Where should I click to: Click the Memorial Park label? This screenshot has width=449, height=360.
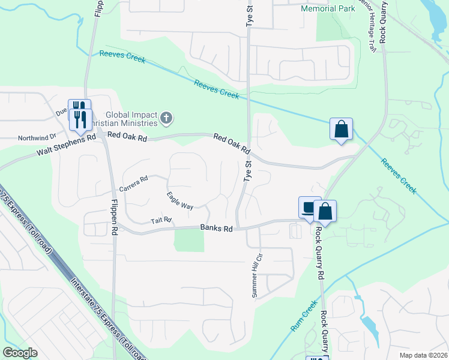pyautogui.click(x=328, y=10)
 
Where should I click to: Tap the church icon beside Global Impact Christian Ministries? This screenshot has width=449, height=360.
pyautogui.click(x=167, y=119)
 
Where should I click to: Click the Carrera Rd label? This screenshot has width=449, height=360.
pyautogui.click(x=133, y=184)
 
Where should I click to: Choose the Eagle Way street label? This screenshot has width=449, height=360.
pyautogui.click(x=179, y=200)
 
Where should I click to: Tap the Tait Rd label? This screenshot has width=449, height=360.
pyautogui.click(x=161, y=221)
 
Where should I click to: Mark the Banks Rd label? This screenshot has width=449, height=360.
pyautogui.click(x=216, y=229)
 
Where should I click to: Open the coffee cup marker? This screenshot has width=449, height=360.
pyautogui.click(x=309, y=208)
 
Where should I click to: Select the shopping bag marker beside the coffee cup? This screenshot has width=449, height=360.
pyautogui.click(x=325, y=211)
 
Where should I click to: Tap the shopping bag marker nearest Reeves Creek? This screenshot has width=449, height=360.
pyautogui.click(x=341, y=129)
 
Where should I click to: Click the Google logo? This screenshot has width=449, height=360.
pyautogui.click(x=20, y=353)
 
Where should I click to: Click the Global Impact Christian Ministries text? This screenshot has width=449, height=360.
pyautogui.click(x=131, y=119)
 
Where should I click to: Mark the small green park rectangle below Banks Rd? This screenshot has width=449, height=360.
pyautogui.click(x=189, y=241)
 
